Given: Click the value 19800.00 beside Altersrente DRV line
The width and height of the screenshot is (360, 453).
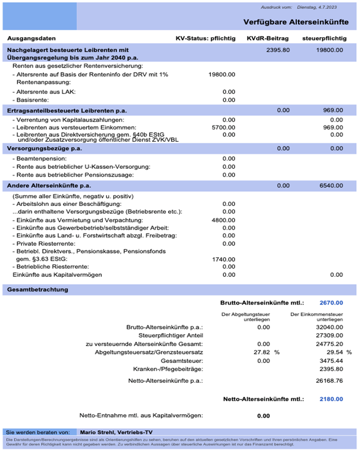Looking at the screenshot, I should coord(222,74).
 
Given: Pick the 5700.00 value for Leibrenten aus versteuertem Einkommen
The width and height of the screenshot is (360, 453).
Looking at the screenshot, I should coord(223,128).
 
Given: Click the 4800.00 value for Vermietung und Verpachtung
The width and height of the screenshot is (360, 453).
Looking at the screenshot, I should coord(223,219).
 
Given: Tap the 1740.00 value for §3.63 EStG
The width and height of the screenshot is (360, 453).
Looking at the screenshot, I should coord(223,258).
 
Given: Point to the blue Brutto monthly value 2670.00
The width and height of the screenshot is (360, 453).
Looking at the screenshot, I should coord(331,302).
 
